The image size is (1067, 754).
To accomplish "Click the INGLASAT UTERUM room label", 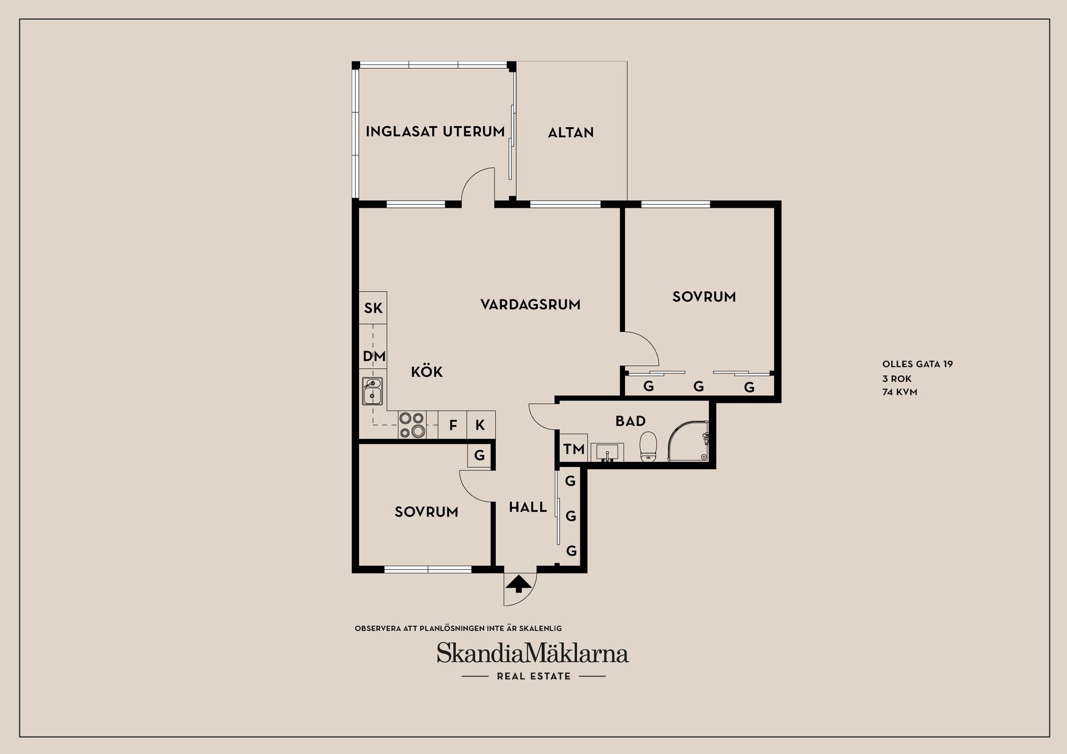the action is coord(435,132).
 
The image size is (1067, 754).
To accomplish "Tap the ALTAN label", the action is coord(571,133).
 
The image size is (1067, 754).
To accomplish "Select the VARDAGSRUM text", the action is coord(530,304).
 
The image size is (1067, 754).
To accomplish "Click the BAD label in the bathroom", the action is coord(630,421).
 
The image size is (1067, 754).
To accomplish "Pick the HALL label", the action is coord(528,507).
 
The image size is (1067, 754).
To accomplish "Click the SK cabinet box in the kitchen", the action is coord(373,308).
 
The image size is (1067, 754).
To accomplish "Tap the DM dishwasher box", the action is coord(373,356).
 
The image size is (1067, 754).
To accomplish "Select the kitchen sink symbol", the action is coord(372,391).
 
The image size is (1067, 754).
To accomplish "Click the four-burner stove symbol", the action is coord(412,425).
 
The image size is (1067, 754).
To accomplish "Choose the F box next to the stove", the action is coord(453,426).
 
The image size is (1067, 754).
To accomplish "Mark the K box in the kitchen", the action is coord(481,426).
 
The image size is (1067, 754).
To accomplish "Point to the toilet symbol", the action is coord(649,447).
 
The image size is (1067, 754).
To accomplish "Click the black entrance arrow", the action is coord(518,584).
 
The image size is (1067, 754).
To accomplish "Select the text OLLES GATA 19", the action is coord(918,364).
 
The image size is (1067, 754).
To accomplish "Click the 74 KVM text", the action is coord(900,392).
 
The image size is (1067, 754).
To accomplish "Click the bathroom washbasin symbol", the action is coord(607,452).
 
